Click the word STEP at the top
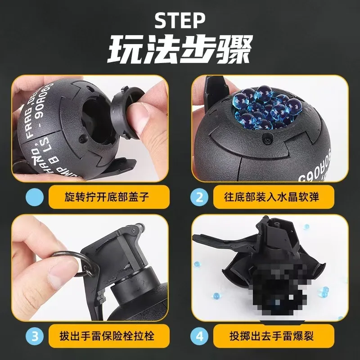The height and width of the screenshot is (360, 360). pos(180,20)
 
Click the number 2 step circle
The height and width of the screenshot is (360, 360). pos(201,197)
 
